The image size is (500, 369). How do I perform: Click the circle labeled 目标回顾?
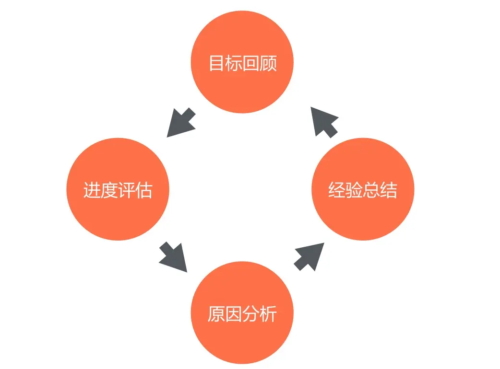(x=242, y=63)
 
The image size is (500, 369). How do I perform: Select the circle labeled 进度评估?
(x=118, y=189)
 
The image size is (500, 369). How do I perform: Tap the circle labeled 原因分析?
(x=242, y=314)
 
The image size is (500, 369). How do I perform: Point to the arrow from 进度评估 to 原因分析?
(x=173, y=257)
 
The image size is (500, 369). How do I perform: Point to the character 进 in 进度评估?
(x=92, y=190)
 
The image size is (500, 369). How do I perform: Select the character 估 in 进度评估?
(x=143, y=190)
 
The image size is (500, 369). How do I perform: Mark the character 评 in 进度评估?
(x=126, y=190)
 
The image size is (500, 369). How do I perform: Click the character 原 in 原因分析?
(x=216, y=314)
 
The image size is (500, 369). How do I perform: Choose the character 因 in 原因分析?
(x=234, y=314)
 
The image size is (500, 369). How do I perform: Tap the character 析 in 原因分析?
(x=268, y=314)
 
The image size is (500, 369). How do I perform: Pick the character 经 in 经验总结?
(x=337, y=190)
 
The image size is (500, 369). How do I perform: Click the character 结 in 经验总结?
(x=389, y=190)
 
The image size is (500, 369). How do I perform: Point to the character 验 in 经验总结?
(x=354, y=190)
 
